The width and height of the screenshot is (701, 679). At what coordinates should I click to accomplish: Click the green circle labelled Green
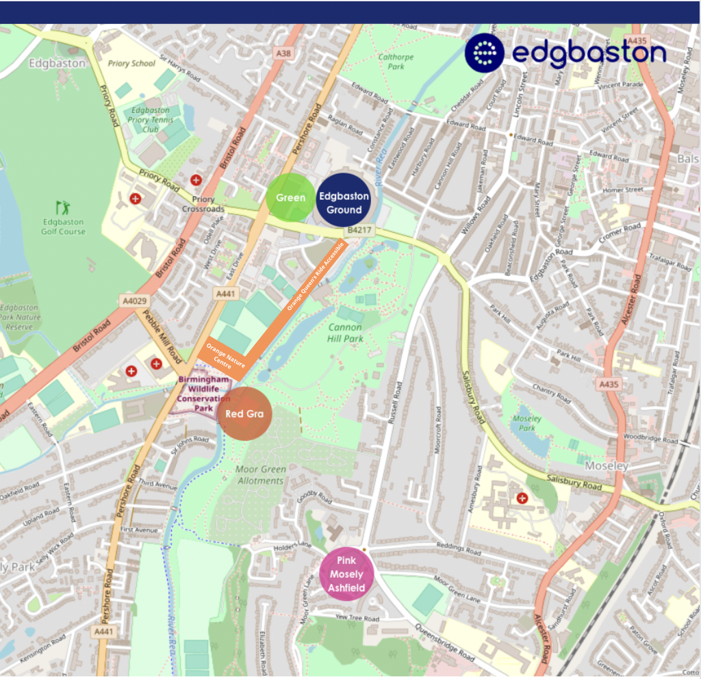[290, 198]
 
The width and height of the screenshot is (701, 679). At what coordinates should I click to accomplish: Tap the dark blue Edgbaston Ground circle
[344, 203]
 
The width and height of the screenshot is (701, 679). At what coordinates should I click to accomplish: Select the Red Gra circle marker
[244, 413]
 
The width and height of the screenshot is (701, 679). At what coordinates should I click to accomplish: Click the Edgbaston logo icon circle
[485, 52]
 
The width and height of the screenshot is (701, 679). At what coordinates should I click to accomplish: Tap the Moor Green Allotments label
[259, 475]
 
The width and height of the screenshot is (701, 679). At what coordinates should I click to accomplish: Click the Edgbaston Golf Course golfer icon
[62, 207]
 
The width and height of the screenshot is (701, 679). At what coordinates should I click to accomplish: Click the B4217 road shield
[359, 231]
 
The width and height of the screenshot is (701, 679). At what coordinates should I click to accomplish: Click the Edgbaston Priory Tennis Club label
[151, 119]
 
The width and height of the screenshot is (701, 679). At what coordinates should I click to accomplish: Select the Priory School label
[132, 64]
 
